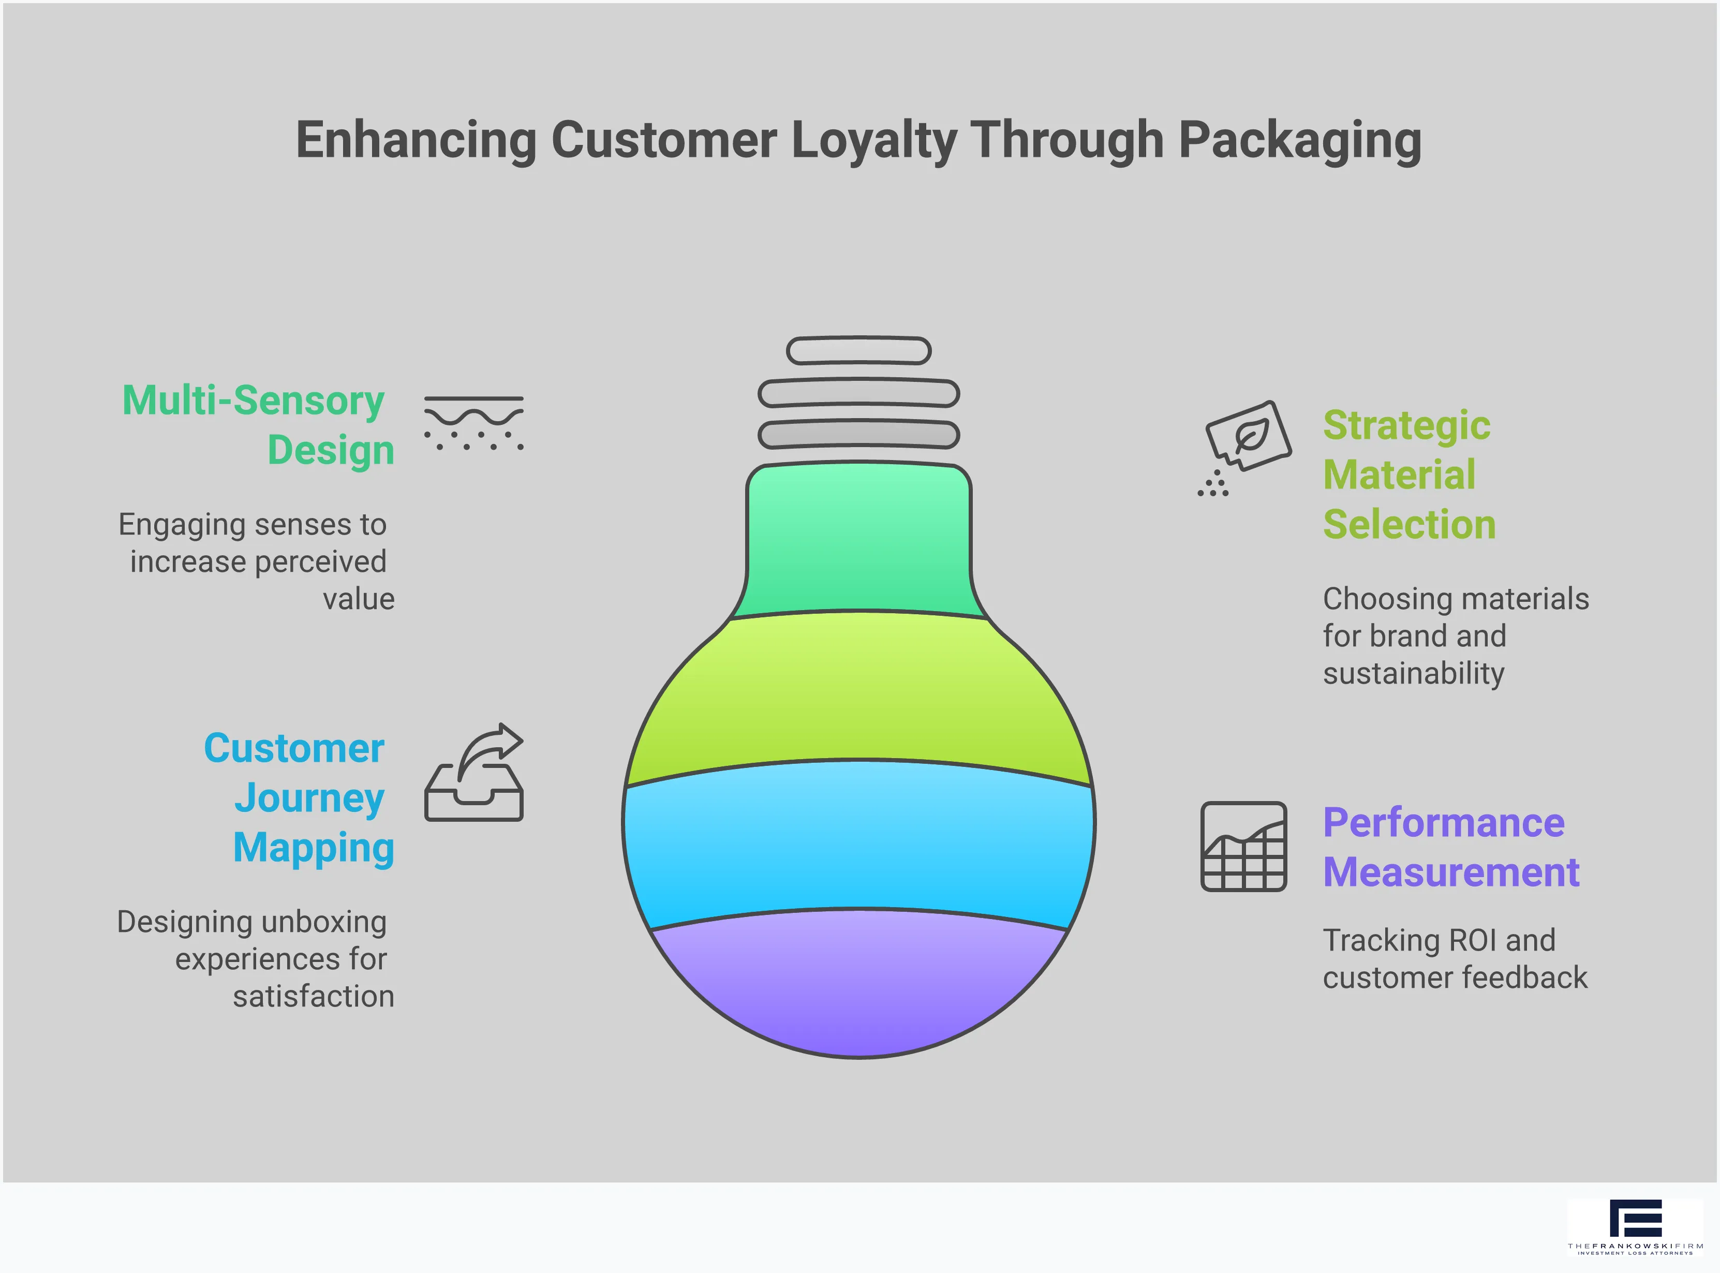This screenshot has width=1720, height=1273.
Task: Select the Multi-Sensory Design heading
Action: (258, 424)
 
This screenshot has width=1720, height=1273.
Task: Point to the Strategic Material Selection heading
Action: (1408, 475)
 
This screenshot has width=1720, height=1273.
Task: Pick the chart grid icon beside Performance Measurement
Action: (1243, 846)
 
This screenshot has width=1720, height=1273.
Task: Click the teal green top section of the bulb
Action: (858, 539)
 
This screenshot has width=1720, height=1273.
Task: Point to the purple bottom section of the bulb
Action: (858, 986)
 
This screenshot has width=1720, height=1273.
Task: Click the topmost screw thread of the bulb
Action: (858, 351)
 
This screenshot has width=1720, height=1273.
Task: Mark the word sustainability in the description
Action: (1413, 673)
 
